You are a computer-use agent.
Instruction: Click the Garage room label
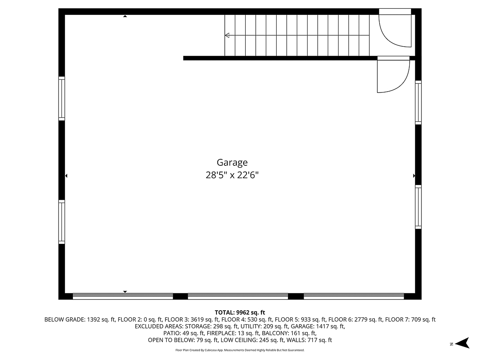(x=233, y=162)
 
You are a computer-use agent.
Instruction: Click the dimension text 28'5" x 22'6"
(x=235, y=175)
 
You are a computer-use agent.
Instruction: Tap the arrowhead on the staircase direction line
(x=227, y=35)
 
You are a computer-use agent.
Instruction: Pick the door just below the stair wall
(x=392, y=75)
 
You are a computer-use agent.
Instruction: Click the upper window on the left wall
(x=62, y=99)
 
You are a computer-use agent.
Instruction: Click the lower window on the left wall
(x=62, y=222)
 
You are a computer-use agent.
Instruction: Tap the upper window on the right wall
(x=418, y=102)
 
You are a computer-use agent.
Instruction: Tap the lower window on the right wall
(x=418, y=206)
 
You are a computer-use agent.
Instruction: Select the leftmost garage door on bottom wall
(x=123, y=296)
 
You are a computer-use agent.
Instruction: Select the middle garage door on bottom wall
(x=238, y=296)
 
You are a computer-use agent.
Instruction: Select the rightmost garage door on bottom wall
(x=353, y=296)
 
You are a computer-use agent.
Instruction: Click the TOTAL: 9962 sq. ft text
(x=240, y=312)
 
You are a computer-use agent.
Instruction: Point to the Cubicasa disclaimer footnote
(x=240, y=350)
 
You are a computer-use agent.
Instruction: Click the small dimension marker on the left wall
(x=66, y=176)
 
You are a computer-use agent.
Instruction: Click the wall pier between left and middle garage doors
(x=180, y=296)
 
